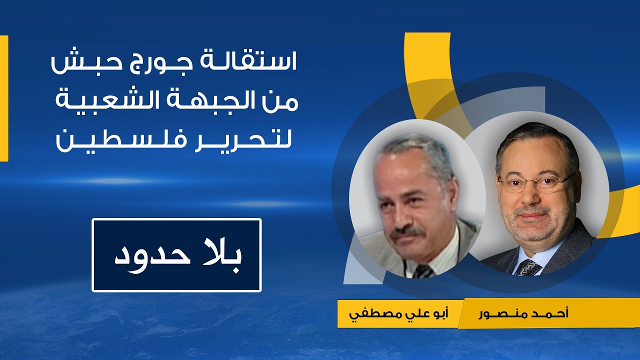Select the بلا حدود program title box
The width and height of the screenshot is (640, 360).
176,255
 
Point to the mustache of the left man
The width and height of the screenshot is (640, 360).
407,232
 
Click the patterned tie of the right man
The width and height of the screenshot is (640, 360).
528,268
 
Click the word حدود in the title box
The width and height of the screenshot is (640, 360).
150,254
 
